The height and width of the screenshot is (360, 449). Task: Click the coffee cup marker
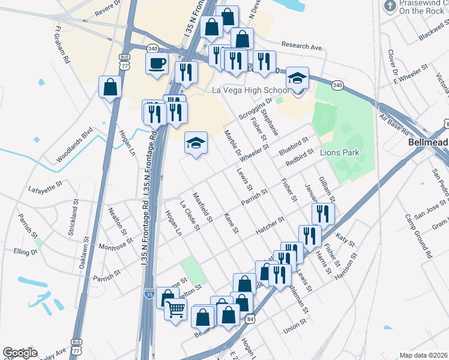pyautogui.click(x=157, y=63)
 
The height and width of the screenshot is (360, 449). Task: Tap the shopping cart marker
pyautogui.click(x=175, y=310)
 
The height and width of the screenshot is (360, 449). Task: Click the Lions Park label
pyautogui.click(x=339, y=152)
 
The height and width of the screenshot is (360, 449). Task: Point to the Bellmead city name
pyautogui.click(x=428, y=143)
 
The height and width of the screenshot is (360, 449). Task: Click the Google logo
pyautogui.click(x=20, y=353)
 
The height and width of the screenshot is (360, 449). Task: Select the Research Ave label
pyautogui.click(x=303, y=46)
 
